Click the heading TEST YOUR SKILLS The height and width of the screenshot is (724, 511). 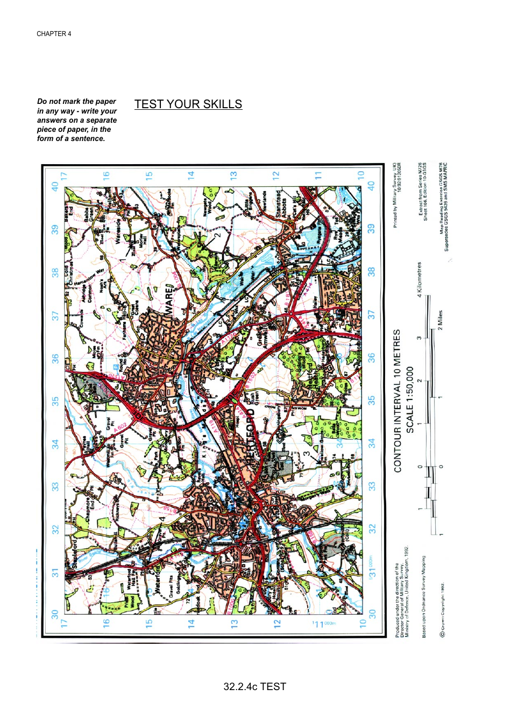point(188,104)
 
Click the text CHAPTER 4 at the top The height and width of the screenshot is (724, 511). point(54,34)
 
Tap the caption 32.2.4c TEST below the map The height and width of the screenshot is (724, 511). point(254,686)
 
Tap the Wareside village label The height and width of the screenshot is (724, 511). point(118,231)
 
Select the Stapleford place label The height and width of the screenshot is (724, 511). point(75,554)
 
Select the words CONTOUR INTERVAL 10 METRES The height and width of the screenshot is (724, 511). point(398,401)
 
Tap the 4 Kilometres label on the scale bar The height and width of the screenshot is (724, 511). point(419,280)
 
